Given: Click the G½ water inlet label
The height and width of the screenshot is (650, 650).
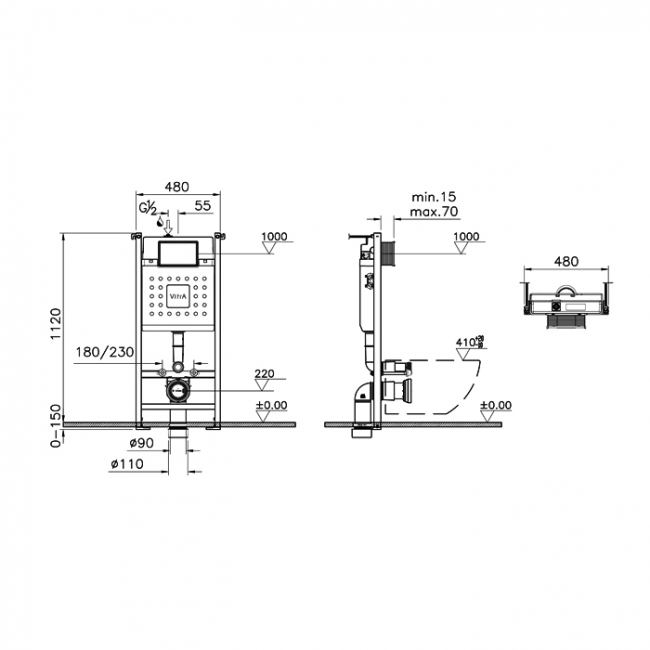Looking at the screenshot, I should coord(147,208).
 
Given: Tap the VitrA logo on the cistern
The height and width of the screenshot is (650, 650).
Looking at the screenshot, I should coord(176,298).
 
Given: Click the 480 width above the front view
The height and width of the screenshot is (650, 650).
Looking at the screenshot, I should coord(177,186).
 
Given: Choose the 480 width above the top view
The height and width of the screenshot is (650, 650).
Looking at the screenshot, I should coord(566,261).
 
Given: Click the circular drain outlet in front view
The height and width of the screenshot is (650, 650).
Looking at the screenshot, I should coord(177,390).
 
